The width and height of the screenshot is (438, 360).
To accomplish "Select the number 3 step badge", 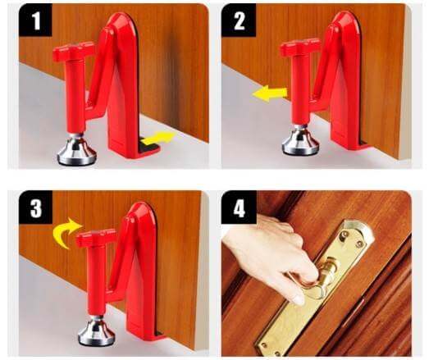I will pyautogui.click(x=35, y=208).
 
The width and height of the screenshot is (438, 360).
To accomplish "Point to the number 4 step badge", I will pyautogui.click(x=240, y=208).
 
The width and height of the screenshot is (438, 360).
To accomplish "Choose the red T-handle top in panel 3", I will pyautogui.click(x=96, y=239).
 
